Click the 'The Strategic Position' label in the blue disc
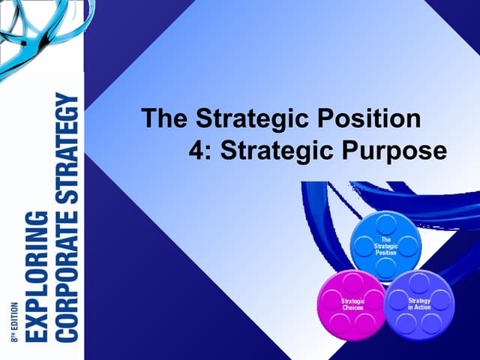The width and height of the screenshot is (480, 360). click(385, 246)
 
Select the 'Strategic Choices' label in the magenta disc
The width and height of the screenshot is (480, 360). click(352, 304)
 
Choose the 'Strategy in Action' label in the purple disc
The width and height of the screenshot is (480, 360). click(419, 304)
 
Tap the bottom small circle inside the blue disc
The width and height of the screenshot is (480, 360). click(385, 268)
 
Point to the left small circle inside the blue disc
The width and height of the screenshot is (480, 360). click(364, 246)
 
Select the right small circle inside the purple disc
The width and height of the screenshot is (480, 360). click(441, 301)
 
